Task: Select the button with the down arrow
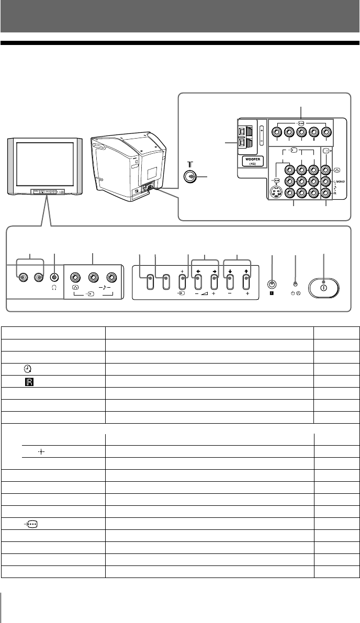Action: tap(229, 282)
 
